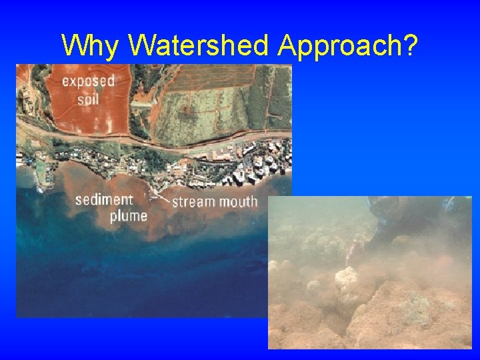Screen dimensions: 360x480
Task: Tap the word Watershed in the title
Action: tap(199, 45)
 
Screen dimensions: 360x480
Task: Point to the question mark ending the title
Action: tap(410, 45)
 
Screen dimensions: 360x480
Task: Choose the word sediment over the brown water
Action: tap(104, 199)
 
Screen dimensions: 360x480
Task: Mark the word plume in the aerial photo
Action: tap(129, 215)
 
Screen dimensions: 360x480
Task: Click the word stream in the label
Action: tap(194, 201)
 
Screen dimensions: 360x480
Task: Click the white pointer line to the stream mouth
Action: tap(160, 195)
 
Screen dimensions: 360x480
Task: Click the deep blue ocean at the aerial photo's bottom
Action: tap(133, 287)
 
